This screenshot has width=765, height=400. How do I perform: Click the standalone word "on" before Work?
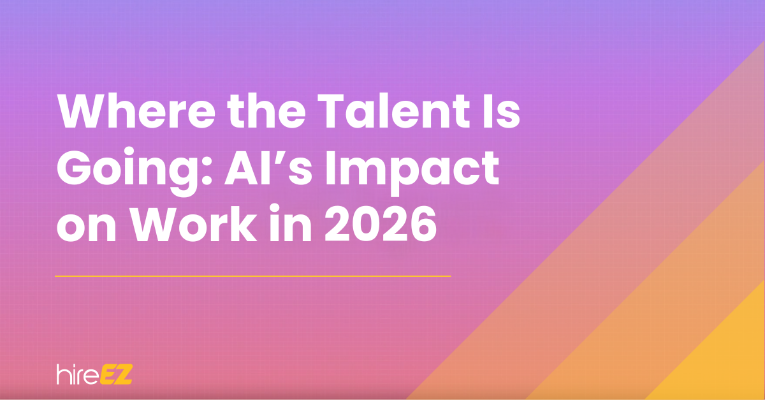click(86, 228)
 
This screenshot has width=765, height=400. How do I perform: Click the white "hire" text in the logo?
click(76, 375)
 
